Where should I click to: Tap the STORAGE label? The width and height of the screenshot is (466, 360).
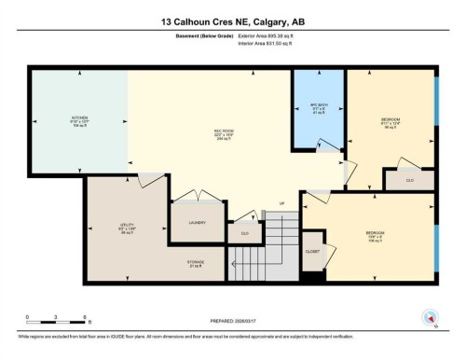(195, 262)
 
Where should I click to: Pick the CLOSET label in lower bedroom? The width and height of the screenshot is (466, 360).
(313, 252)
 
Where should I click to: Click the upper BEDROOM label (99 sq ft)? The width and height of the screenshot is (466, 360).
(391, 119)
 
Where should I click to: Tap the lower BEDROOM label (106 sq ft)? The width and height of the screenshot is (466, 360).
(377, 233)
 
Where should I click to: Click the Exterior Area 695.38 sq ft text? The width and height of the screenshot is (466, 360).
(272, 35)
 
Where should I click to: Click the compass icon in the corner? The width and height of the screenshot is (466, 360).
(430, 316)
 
